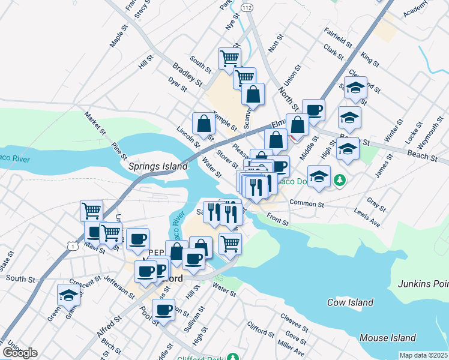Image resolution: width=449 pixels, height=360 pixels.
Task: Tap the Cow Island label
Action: [351, 302]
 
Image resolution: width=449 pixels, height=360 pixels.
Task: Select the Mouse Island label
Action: [385, 338]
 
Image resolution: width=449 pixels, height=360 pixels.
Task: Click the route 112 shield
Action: [247, 7]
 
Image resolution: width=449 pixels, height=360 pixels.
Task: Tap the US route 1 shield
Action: [72, 245]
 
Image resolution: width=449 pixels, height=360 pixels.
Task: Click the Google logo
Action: [20, 352]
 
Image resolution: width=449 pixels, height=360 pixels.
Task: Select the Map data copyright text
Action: [423, 356]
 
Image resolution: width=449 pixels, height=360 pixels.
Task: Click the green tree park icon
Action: [340, 180]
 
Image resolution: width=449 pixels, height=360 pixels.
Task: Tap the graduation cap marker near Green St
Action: [68, 295]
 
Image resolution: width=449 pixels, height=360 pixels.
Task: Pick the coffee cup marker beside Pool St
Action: [164, 310]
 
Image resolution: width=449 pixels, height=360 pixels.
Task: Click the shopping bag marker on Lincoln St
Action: [204, 124]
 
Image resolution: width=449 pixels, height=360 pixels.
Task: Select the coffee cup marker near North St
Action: [313, 110]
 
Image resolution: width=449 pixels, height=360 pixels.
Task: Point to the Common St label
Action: [307, 204]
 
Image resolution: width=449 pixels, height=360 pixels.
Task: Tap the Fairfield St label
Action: [337, 37]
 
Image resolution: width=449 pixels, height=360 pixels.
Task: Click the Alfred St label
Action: [109, 325]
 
